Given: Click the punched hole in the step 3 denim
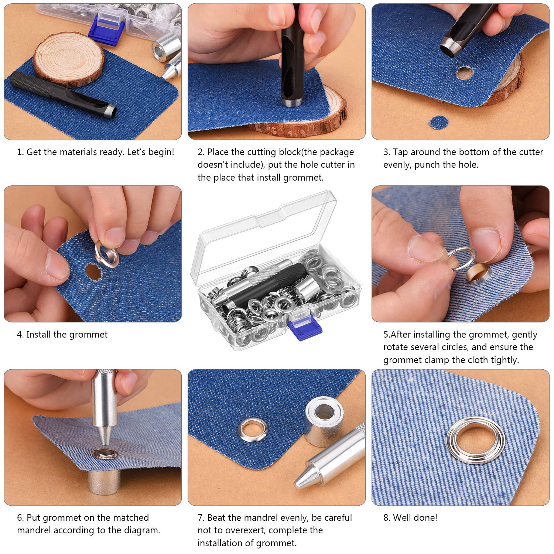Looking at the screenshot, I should point(464,73).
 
